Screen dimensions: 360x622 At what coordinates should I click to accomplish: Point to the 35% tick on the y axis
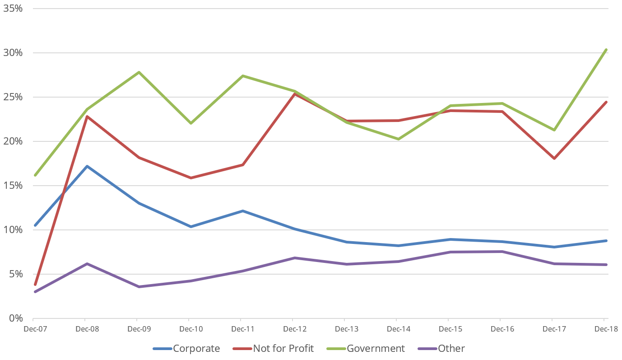pyautogui.click(x=13, y=9)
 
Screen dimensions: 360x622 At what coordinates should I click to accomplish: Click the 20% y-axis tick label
pyautogui.click(x=13, y=141)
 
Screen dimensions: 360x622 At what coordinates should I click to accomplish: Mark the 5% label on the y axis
pyautogui.click(x=15, y=274)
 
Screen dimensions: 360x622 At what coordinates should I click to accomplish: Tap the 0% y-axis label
pyautogui.click(x=15, y=318)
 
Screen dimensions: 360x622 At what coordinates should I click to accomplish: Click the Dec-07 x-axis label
pyautogui.click(x=35, y=329)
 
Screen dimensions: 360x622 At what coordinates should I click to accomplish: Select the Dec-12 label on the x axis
pyautogui.click(x=295, y=329)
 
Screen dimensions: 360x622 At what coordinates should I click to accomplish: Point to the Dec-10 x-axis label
pyautogui.click(x=191, y=329)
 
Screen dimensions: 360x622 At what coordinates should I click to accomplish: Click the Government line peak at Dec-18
pyautogui.click(x=606, y=50)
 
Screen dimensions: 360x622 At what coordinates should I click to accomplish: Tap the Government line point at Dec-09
pyautogui.click(x=139, y=72)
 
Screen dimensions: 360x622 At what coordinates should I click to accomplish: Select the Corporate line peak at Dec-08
pyautogui.click(x=87, y=166)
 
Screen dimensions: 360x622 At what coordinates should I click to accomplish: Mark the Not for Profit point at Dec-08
pyautogui.click(x=87, y=117)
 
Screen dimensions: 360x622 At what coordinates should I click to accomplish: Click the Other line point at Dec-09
pyautogui.click(x=139, y=286)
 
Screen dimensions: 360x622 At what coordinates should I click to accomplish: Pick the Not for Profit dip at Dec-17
pyautogui.click(x=554, y=159)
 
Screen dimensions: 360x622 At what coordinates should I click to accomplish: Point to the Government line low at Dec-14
pyautogui.click(x=399, y=139)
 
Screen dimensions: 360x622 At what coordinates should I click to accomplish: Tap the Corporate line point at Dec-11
pyautogui.click(x=243, y=211)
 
